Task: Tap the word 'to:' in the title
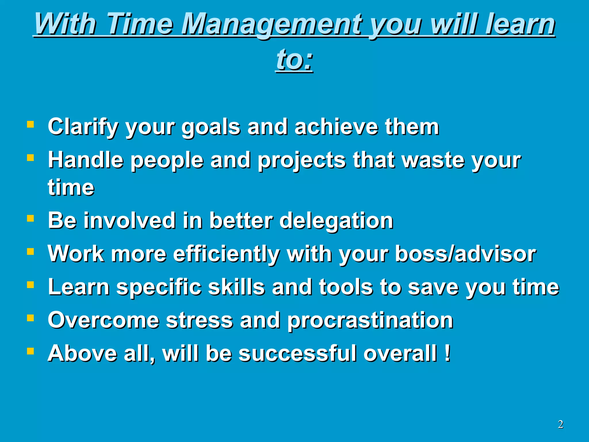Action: point(294,60)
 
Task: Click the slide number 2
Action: point(560,424)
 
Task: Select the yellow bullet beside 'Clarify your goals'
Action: point(30,124)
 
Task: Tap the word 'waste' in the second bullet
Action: point(433,160)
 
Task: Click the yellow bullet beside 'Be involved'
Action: point(30,218)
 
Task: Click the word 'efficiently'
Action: point(226,254)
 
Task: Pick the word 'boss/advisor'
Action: point(465,254)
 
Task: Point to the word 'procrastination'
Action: point(370,321)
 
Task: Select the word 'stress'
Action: point(199,321)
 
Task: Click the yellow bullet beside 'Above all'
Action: point(30,351)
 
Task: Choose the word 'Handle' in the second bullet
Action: point(85,160)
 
